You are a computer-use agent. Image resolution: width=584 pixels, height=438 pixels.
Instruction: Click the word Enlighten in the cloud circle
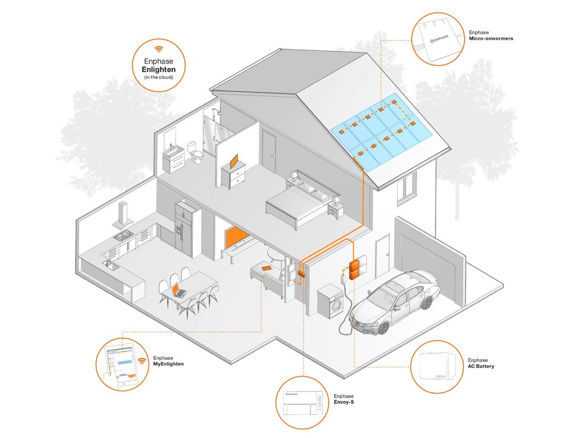click(158, 70)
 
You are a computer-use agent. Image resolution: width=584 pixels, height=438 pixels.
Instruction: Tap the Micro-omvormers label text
click(491, 38)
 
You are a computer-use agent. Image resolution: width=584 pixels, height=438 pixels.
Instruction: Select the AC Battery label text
click(480, 366)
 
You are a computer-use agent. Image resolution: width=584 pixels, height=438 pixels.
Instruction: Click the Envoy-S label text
click(343, 402)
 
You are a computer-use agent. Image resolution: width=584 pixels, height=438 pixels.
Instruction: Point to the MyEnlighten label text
click(168, 364)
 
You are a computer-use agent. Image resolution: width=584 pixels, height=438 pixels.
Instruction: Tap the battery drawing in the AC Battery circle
click(438, 366)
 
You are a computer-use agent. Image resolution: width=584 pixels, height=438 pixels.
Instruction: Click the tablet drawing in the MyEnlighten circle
click(122, 365)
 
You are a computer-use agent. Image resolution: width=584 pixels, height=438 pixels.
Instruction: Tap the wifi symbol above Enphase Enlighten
click(159, 48)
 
